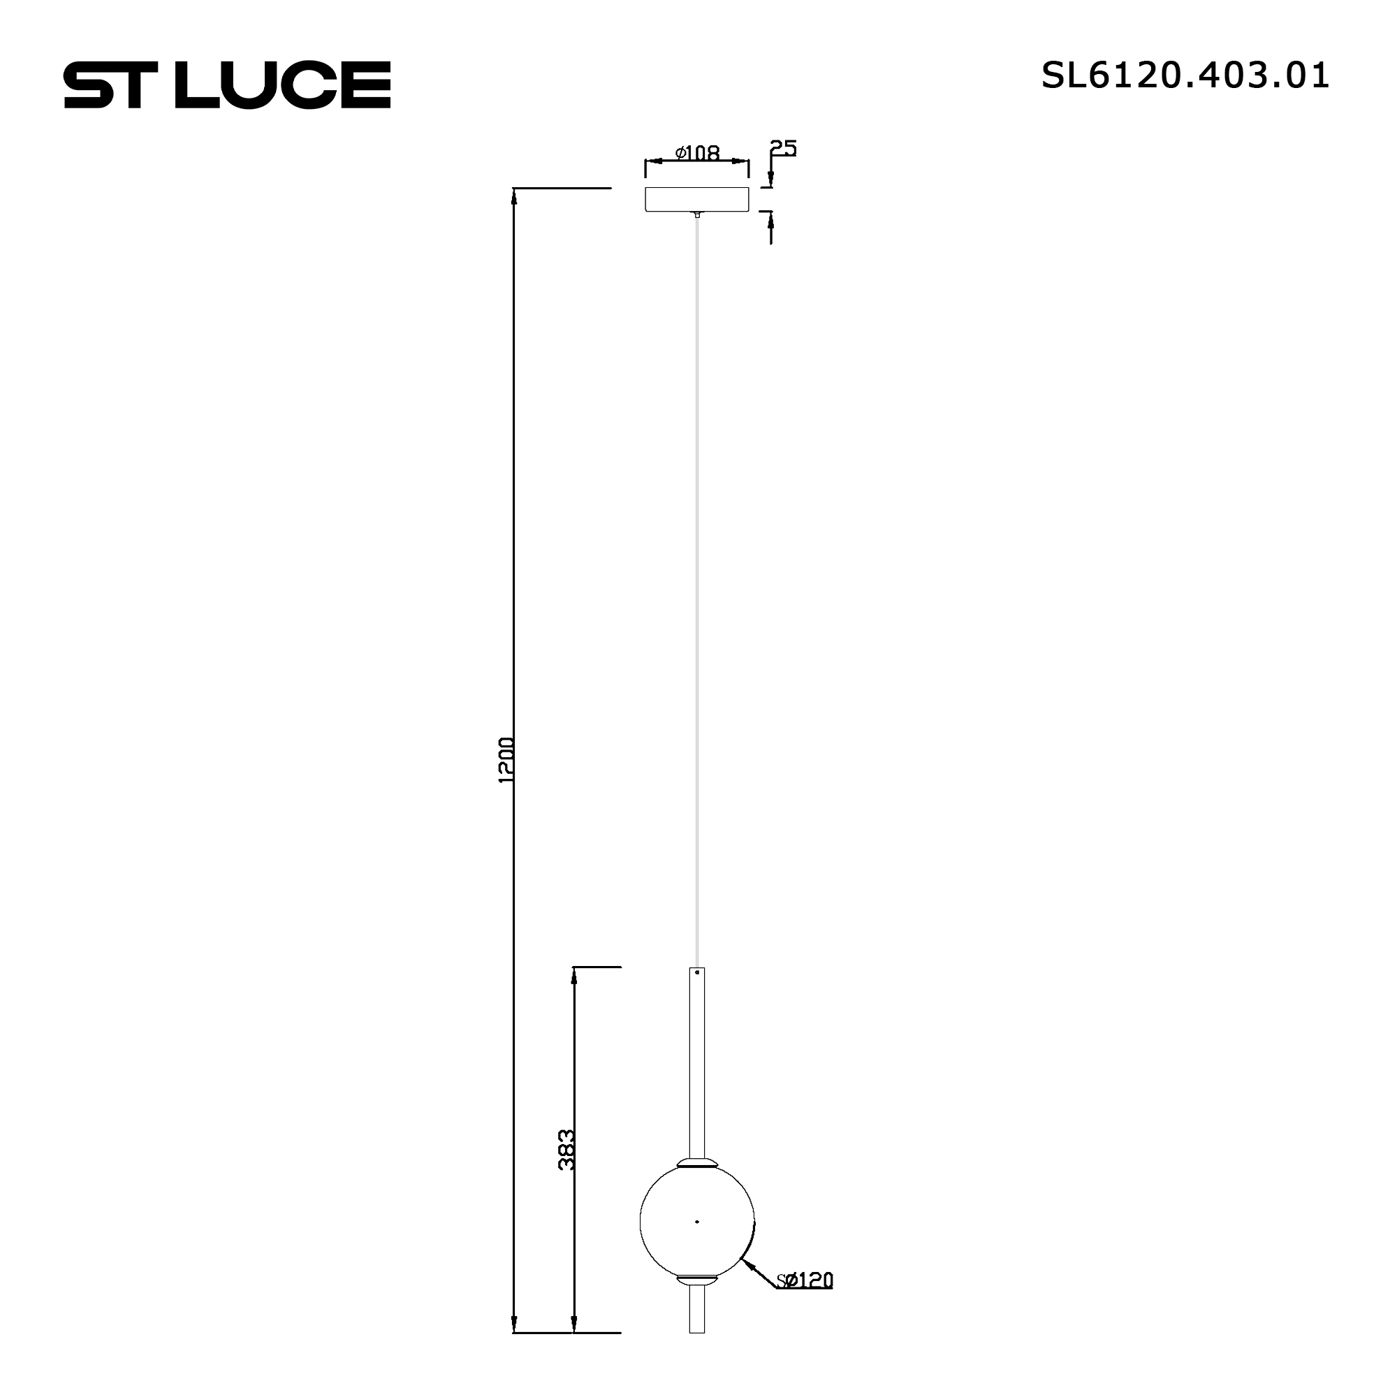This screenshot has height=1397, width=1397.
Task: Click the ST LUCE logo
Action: [x=227, y=85]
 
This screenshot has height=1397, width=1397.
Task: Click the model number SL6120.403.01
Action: [x=1185, y=75]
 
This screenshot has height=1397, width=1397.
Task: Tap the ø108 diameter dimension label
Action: [x=697, y=152]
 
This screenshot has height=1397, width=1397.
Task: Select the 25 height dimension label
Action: [x=783, y=148]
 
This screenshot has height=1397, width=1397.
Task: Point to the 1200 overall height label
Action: [x=506, y=760]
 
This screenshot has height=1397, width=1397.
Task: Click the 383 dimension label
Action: [x=567, y=1150]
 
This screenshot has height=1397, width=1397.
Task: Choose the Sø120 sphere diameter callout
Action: [x=805, y=1280]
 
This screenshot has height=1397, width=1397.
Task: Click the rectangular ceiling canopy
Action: [x=697, y=200]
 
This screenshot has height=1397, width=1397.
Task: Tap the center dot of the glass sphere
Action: [x=697, y=1221]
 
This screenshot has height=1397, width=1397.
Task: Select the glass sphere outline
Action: [x=641, y=1221]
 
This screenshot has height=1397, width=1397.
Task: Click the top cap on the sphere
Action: [x=697, y=1164]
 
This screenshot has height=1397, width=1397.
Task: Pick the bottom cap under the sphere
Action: [x=697, y=1280]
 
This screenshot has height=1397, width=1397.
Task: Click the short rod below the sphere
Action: [x=697, y=1310]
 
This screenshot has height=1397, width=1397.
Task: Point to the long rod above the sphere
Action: [x=697, y=1063]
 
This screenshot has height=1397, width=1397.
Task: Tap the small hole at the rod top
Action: [x=697, y=973]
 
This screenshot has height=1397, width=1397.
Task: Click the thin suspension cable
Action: [x=697, y=578]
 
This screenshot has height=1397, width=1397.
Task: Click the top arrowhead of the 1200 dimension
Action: [x=513, y=197]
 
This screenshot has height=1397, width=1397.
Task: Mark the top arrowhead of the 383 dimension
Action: [x=574, y=977]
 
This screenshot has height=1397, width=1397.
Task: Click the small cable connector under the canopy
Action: [x=697, y=214]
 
